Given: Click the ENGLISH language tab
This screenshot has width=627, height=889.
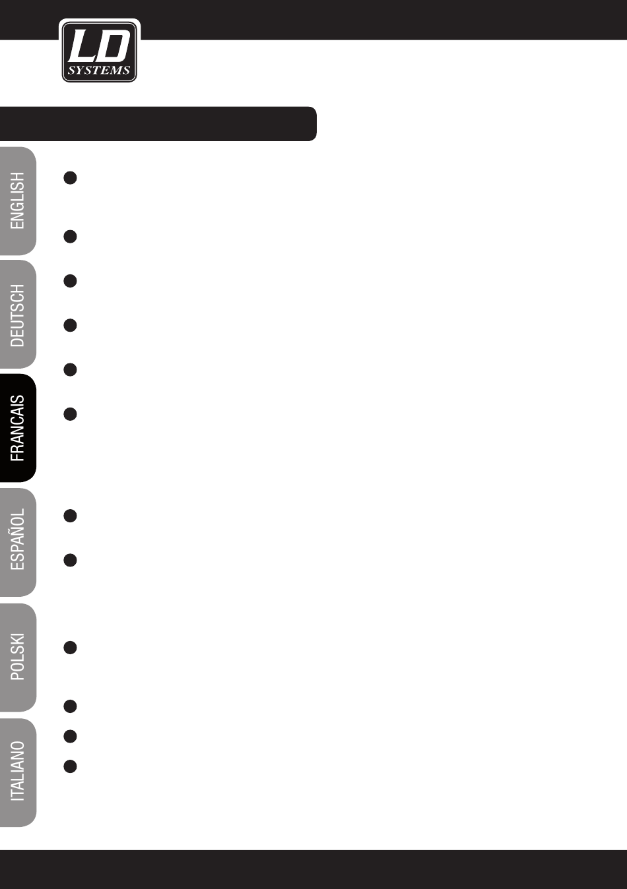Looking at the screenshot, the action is tap(18, 201).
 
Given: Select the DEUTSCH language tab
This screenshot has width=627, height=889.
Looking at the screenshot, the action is tap(18, 315).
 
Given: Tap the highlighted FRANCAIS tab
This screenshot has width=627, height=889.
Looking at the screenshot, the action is tap(18, 429).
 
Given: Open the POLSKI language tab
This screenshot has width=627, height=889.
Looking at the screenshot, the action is tap(18, 657).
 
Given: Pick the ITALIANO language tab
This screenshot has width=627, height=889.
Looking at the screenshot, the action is tap(18, 772).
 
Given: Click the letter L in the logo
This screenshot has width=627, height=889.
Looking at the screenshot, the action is tap(83, 47).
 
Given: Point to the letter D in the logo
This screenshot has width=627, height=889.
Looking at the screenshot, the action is tap(114, 47).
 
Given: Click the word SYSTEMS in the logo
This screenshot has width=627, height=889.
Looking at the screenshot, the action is tap(99, 71).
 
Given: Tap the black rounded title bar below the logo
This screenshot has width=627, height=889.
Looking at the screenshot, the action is tap(158, 124).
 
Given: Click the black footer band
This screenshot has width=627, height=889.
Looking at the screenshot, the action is tap(313, 869).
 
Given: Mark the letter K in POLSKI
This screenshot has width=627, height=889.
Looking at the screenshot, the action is tap(18, 646).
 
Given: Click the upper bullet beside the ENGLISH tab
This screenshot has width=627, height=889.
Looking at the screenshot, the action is tap(71, 178).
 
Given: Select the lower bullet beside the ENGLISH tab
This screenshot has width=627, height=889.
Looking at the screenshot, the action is tap(71, 236).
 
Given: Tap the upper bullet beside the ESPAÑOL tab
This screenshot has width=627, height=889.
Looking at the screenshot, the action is tap(71, 516).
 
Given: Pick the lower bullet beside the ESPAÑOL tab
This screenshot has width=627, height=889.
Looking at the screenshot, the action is tap(71, 561).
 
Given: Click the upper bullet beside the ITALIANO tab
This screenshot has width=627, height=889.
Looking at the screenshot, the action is tap(71, 736).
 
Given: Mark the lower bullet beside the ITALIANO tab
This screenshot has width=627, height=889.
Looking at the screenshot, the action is tap(71, 766).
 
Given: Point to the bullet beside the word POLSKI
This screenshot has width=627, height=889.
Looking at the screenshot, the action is tap(71, 648).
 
